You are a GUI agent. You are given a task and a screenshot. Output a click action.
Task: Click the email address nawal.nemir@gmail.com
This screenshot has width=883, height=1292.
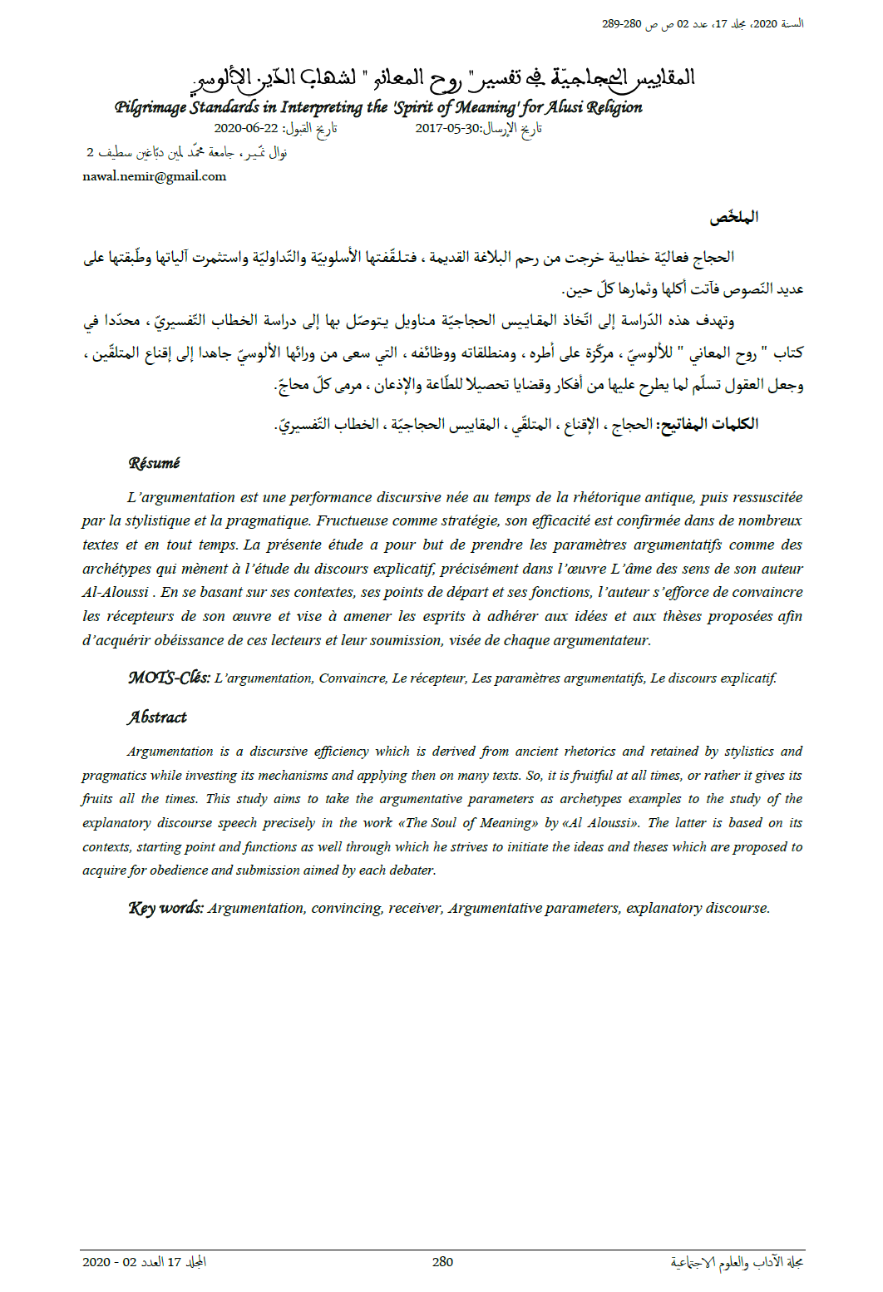point(155,176)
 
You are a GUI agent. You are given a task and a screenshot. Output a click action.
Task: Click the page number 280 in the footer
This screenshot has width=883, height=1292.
point(442,1262)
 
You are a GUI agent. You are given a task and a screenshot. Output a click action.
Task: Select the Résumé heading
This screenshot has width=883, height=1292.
point(154,463)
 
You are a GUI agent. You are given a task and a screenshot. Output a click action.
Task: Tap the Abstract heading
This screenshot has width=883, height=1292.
point(157,718)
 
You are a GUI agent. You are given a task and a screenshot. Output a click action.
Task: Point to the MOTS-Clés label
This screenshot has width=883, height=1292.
point(169,678)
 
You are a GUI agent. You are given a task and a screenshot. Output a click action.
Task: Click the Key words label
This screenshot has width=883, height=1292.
point(166,908)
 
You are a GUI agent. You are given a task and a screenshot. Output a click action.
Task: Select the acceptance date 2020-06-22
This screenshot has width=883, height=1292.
point(246,128)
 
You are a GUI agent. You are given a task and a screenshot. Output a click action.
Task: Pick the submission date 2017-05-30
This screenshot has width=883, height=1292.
point(448,128)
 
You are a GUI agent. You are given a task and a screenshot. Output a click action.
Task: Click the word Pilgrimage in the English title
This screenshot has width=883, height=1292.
point(151,107)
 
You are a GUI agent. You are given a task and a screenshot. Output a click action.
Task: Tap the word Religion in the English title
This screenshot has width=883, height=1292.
point(614,107)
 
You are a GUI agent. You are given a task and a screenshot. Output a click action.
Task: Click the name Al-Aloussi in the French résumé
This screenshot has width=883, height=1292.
point(116,593)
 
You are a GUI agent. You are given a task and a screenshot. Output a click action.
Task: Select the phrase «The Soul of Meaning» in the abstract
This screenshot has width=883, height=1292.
point(468,823)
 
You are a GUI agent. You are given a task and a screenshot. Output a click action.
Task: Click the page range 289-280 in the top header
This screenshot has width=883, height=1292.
point(622,24)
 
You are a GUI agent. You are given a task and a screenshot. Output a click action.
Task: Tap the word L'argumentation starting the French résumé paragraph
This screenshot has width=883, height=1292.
point(181,498)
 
